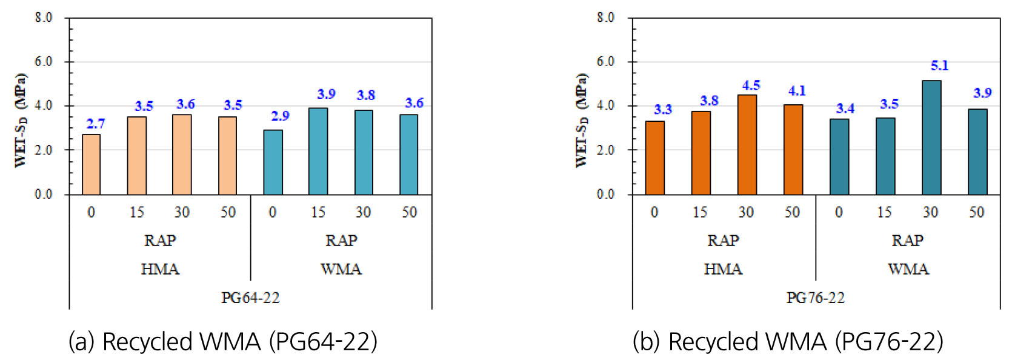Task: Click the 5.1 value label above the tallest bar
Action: click(x=939, y=65)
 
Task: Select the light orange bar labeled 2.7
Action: click(x=91, y=164)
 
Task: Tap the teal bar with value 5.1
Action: click(x=931, y=138)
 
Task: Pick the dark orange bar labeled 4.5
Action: click(x=747, y=145)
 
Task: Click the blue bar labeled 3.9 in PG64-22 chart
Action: click(x=318, y=152)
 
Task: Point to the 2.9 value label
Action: click(x=280, y=116)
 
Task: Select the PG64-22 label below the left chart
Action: click(x=250, y=298)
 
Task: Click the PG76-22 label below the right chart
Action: click(x=815, y=298)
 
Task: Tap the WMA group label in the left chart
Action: click(x=341, y=269)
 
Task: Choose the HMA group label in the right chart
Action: click(x=723, y=269)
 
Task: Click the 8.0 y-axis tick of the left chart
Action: click(x=43, y=18)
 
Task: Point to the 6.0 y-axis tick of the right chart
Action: click(x=605, y=61)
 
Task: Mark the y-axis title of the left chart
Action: click(x=21, y=120)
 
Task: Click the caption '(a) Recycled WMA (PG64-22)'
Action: click(x=222, y=342)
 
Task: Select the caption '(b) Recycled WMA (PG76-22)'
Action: click(x=788, y=342)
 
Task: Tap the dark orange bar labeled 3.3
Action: click(x=654, y=158)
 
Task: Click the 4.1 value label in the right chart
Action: click(x=797, y=91)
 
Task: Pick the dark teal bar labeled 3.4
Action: click(x=839, y=156)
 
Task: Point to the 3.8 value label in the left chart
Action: click(x=365, y=95)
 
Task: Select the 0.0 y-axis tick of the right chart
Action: click(x=605, y=195)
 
